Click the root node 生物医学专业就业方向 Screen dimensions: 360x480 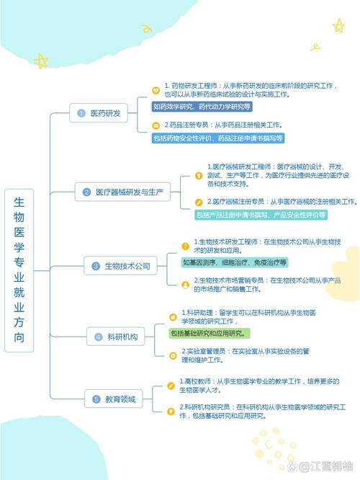(x=19, y=270)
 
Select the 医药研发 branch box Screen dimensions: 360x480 (x=99, y=113)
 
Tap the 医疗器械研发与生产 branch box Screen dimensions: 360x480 (x=122, y=192)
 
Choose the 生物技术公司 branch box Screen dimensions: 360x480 (x=120, y=266)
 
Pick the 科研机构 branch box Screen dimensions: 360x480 (x=116, y=337)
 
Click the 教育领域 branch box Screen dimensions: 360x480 (x=114, y=399)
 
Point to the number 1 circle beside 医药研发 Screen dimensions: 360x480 (x=81, y=113)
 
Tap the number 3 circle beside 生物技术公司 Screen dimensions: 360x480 (x=96, y=266)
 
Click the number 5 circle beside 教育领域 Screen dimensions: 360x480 (x=96, y=399)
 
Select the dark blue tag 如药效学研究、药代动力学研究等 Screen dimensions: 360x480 (x=202, y=107)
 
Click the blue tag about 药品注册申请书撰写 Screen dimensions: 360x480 (x=218, y=138)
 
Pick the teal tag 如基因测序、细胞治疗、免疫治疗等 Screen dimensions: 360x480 (x=235, y=262)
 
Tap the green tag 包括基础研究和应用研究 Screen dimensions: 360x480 (x=210, y=334)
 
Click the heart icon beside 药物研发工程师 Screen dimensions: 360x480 (x=156, y=90)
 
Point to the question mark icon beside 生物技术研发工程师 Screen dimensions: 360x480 (x=185, y=246)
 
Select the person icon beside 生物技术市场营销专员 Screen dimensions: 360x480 (x=185, y=285)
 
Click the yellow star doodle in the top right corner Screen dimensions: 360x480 (x=338, y=26)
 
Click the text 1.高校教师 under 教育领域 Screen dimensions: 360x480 (x=195, y=381)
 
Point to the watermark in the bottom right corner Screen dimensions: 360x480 (x=320, y=466)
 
